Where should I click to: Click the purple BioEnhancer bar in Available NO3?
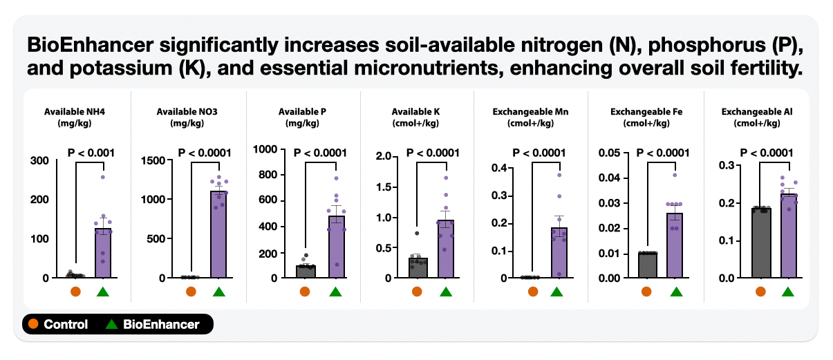coord(218,235)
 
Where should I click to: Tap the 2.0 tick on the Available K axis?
coord(383,156)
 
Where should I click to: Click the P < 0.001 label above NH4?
coord(91,153)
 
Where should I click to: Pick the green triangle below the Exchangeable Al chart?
coord(787,292)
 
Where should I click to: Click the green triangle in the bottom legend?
coord(112,323)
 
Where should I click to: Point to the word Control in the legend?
coord(66,324)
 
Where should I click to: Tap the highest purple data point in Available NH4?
coord(103,178)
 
